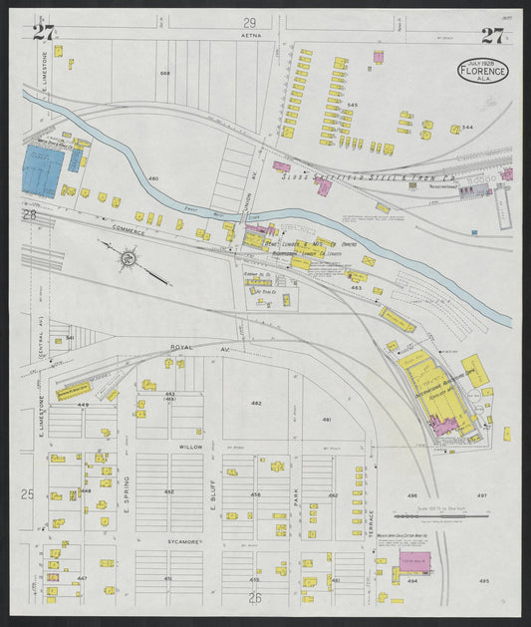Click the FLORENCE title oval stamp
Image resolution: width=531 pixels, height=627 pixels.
coord(484,70)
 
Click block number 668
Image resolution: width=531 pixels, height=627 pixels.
coord(164,74)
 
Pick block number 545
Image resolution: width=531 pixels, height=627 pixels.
coord(352,104)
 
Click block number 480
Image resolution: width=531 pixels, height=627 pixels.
coord(153,179)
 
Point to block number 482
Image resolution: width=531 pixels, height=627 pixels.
coord(256,403)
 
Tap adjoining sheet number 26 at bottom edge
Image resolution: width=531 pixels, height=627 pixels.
coord(254,597)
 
